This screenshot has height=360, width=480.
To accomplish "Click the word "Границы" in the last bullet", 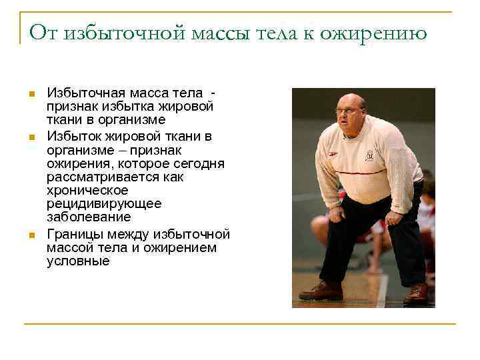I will point(75,235).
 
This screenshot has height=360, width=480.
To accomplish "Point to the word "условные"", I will point(77,261).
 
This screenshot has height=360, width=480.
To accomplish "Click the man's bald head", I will point(352,101).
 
